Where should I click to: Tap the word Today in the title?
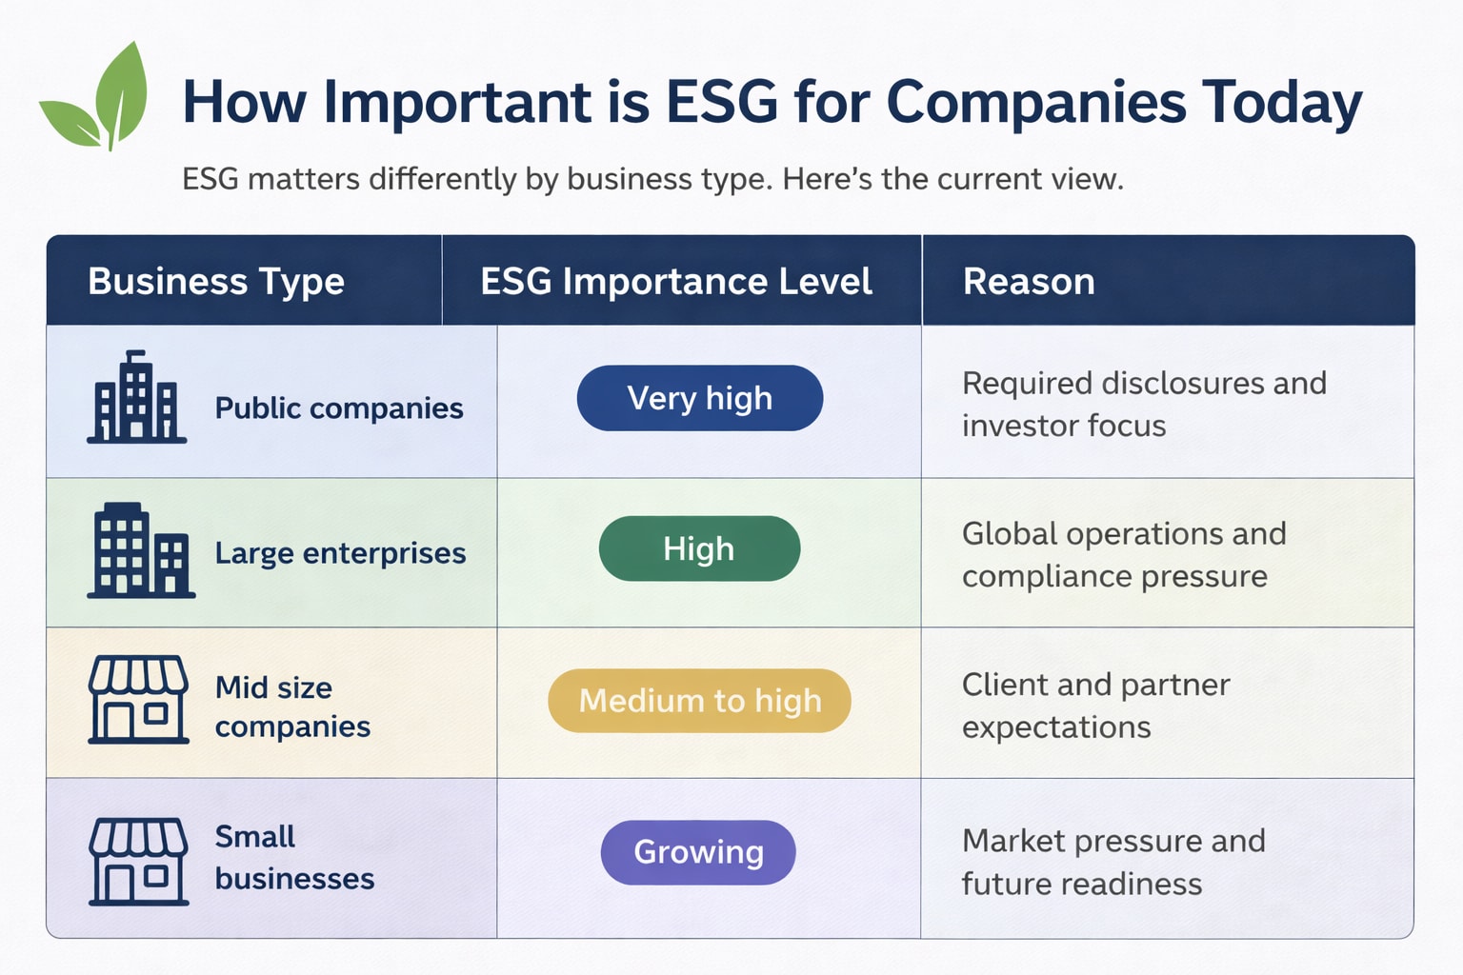pos(1281,104)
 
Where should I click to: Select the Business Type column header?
pos(216,282)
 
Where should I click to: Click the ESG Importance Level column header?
pos(676,282)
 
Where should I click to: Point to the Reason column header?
pos(1029,282)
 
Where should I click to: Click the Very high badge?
pos(700,398)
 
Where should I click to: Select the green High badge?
pos(699,549)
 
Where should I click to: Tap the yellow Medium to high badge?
pos(699,701)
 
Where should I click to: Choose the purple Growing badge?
pos(698,852)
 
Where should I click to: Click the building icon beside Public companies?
pos(136,398)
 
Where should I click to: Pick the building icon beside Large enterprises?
pos(140,551)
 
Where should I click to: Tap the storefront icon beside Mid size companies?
pos(138,699)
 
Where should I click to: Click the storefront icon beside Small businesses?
pos(138,861)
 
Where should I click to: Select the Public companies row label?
pos(339,408)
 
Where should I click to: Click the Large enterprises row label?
pos(340,553)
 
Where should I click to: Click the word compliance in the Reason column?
pos(1047,577)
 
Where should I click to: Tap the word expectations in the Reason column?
pos(1056,728)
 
